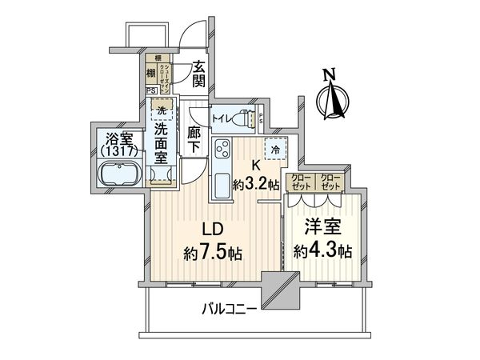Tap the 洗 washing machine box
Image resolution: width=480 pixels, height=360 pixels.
(162, 109)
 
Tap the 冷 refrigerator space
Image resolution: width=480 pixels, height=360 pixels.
(275, 149)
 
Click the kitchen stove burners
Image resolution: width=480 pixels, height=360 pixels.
(222, 149)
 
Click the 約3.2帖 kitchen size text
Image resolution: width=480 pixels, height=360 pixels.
(256, 182)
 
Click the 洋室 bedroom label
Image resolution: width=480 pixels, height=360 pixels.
(319, 228)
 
